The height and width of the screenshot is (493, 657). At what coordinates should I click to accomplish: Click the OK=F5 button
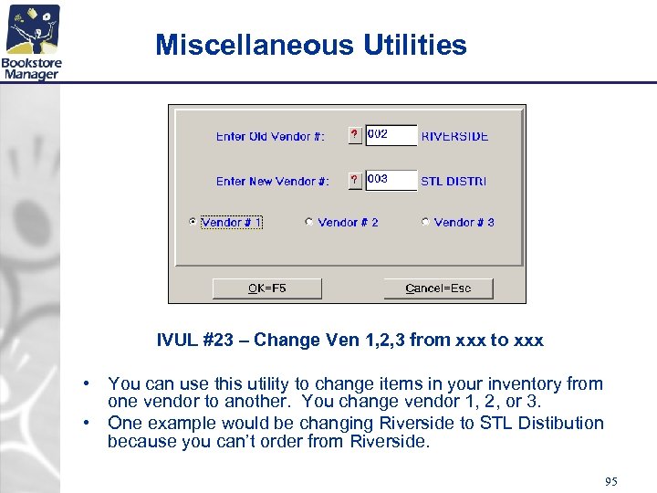[x=266, y=288]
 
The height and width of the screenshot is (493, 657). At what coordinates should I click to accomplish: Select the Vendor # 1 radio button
[x=192, y=222]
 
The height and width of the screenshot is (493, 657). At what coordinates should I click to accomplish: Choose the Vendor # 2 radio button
[x=309, y=222]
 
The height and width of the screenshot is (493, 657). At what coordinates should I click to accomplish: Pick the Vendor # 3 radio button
[x=425, y=222]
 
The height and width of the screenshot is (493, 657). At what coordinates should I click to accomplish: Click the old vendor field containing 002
[x=391, y=135]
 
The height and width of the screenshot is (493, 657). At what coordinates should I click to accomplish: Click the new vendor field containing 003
[x=391, y=180]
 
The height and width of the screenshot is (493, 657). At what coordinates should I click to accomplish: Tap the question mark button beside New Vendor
[x=355, y=181]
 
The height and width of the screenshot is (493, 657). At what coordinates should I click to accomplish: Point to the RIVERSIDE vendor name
[x=454, y=136]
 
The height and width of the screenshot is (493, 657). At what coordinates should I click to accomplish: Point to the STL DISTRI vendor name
[x=454, y=181]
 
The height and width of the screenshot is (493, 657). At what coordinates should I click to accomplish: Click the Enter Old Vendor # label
[x=270, y=136]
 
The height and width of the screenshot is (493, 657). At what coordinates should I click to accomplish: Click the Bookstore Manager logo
[x=31, y=42]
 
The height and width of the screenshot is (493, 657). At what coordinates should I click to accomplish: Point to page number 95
[x=610, y=481]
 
